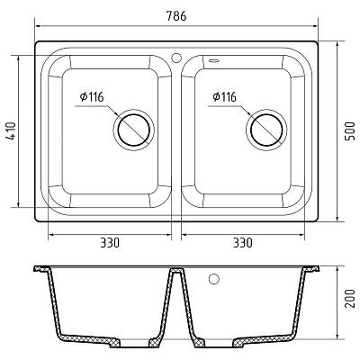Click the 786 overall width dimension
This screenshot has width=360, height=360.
pyautogui.click(x=176, y=16)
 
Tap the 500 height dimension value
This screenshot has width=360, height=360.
pyautogui.click(x=349, y=131)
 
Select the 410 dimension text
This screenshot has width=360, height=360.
pyautogui.click(x=11, y=131)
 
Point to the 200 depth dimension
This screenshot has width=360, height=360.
pyautogui.click(x=349, y=299)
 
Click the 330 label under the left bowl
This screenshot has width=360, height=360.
pyautogui.click(x=110, y=242)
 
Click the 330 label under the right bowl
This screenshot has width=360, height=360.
pyautogui.click(x=243, y=242)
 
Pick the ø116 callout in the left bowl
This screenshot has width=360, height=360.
pyautogui.click(x=92, y=96)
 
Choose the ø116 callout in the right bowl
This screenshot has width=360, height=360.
pyautogui.click(x=224, y=96)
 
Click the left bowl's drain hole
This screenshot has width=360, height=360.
pyautogui.click(x=133, y=130)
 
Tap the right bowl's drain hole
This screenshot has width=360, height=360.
pyautogui.click(x=266, y=130)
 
